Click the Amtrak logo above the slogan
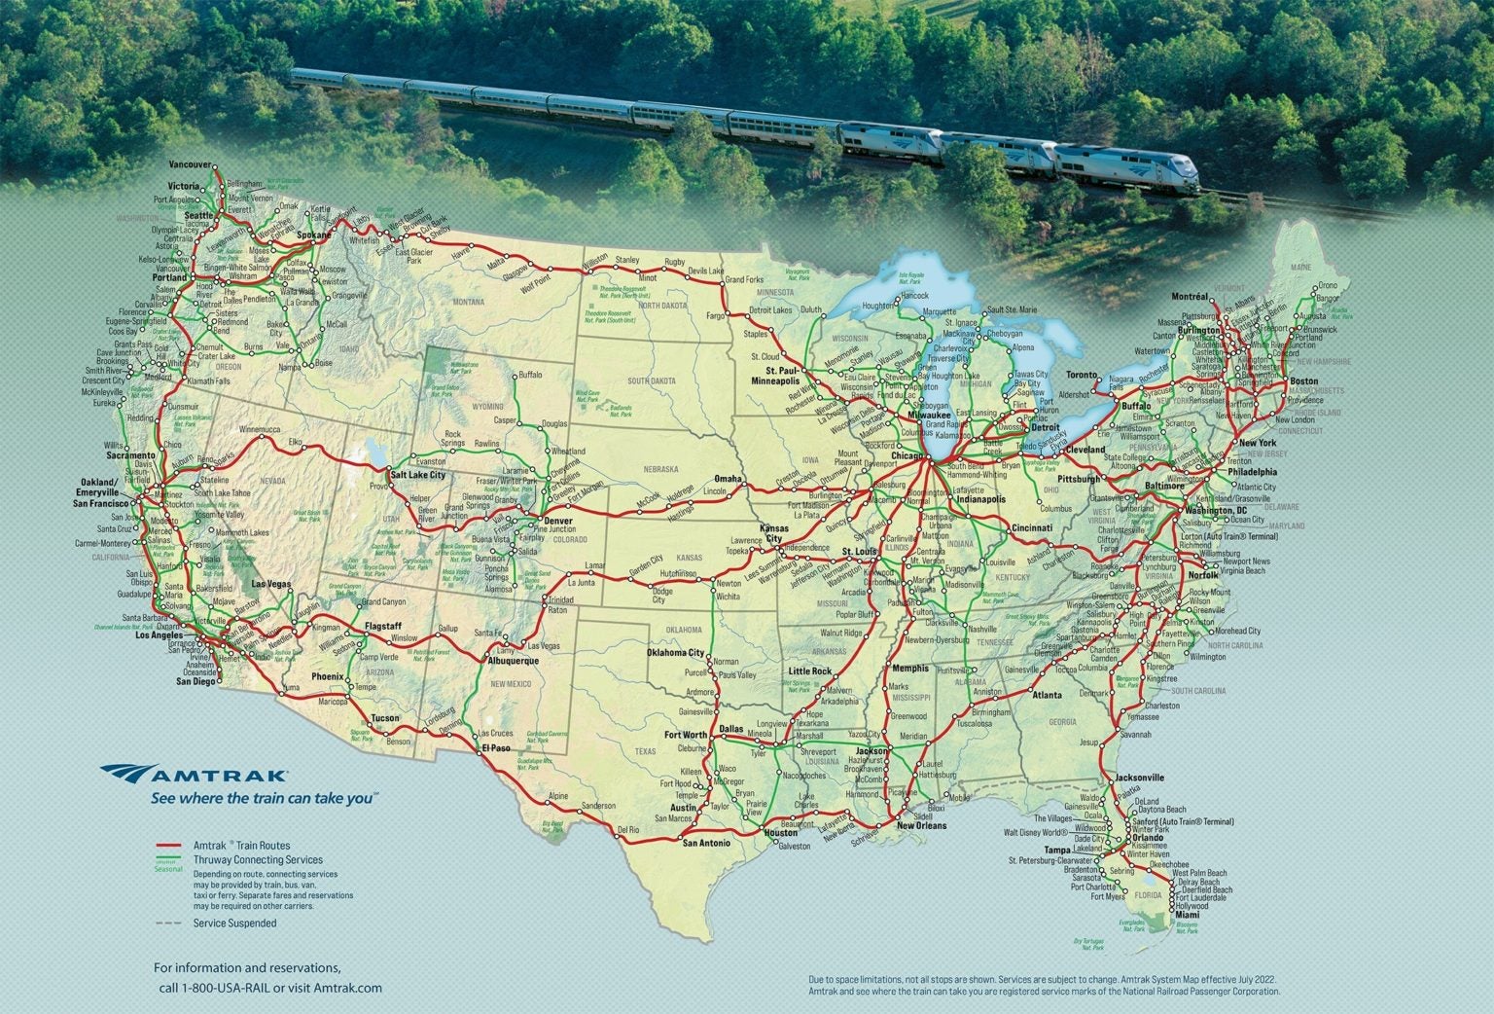(x=194, y=775)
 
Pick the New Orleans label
(x=920, y=825)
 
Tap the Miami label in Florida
(x=1186, y=916)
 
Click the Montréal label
(x=1190, y=295)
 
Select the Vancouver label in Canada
(x=189, y=164)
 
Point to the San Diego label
(x=195, y=681)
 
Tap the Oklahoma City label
(x=675, y=653)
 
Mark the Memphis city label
(x=909, y=669)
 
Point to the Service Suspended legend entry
(x=234, y=923)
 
